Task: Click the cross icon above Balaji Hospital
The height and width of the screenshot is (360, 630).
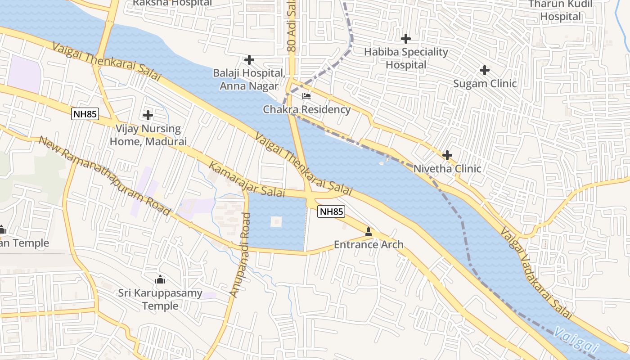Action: tap(249, 59)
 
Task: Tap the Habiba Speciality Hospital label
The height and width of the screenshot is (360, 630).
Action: tap(406, 58)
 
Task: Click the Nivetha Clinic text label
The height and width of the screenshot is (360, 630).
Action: tap(447, 169)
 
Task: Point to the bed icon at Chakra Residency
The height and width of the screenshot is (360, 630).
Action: tap(306, 96)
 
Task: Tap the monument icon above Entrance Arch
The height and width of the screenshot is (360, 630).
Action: tap(369, 232)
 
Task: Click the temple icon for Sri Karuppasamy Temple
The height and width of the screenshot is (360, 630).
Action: tap(160, 280)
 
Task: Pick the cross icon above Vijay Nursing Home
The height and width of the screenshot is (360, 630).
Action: tap(148, 115)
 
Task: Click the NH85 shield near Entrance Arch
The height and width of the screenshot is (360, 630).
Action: tap(331, 211)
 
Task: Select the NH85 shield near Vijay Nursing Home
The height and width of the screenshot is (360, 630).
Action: tap(85, 114)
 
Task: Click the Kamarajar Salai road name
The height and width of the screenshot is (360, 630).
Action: tap(247, 179)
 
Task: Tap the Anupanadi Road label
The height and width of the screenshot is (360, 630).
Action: tap(240, 255)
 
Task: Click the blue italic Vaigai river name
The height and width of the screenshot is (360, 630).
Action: tap(576, 341)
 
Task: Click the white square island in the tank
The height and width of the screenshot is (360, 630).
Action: tap(276, 222)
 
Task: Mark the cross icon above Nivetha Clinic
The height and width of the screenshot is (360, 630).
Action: tap(447, 155)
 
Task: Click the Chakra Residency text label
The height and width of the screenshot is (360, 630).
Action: tap(306, 109)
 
